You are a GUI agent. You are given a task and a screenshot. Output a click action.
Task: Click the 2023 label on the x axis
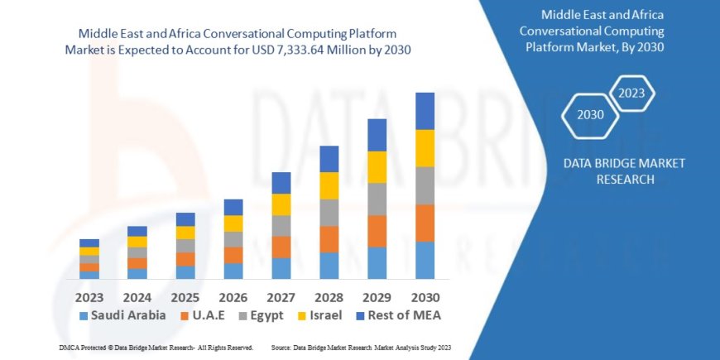point(89,296)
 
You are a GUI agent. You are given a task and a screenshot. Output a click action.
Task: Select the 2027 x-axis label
point(281,296)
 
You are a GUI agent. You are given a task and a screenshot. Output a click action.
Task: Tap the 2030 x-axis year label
point(425,296)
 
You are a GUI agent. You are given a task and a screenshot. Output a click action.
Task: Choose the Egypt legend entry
point(261,315)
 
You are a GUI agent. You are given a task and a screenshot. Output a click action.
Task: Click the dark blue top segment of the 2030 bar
point(425,111)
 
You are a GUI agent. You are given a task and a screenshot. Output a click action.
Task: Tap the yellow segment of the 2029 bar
point(377,167)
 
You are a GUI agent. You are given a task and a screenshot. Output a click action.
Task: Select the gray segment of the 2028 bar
point(329,213)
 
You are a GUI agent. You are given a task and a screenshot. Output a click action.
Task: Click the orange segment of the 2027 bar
point(281,247)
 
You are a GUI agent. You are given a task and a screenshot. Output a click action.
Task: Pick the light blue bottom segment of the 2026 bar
point(233,271)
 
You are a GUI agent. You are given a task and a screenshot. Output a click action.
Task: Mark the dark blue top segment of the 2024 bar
point(137,231)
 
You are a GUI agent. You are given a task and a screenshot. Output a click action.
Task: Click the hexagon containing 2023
point(632,93)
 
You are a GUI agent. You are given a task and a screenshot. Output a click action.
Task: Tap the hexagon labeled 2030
point(590,115)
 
